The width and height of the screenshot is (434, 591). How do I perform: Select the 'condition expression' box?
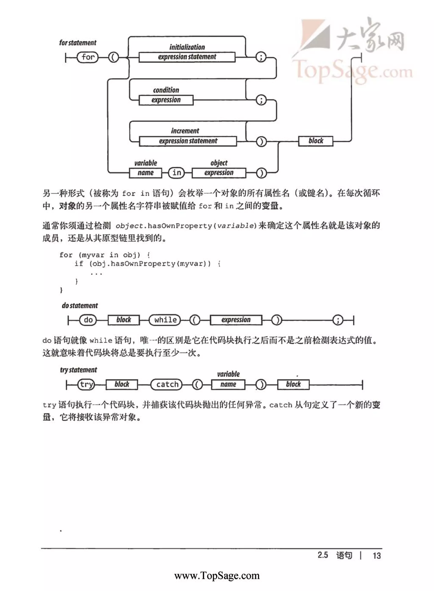pos(166,100)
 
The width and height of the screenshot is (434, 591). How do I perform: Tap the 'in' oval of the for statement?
pos(177,173)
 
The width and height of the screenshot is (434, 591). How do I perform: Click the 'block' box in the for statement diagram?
pos(316,141)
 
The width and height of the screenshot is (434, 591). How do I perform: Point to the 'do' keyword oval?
pos(88,320)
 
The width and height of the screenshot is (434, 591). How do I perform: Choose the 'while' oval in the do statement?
pos(165,320)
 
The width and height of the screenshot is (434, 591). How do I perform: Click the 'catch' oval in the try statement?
pos(167,385)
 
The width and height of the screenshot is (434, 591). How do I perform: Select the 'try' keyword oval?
pos(86,385)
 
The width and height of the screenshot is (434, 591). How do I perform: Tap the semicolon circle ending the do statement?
pos(338,320)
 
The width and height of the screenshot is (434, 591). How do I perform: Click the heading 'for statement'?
pos(78,43)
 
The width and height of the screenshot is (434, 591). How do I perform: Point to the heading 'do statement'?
pos(80,306)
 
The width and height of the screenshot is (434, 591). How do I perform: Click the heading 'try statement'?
pos(79,370)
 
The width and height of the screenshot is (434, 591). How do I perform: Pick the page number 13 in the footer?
pos(377,556)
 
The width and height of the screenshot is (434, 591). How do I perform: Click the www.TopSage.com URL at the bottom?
pos(217,576)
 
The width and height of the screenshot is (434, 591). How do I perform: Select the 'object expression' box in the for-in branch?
pos(219,173)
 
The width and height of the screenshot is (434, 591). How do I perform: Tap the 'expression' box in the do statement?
pos(236,320)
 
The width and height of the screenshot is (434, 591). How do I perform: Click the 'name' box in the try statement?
pos(228,385)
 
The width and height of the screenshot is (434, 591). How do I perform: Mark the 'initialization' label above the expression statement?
pos(187,47)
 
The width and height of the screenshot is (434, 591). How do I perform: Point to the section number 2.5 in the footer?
pos(323,555)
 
